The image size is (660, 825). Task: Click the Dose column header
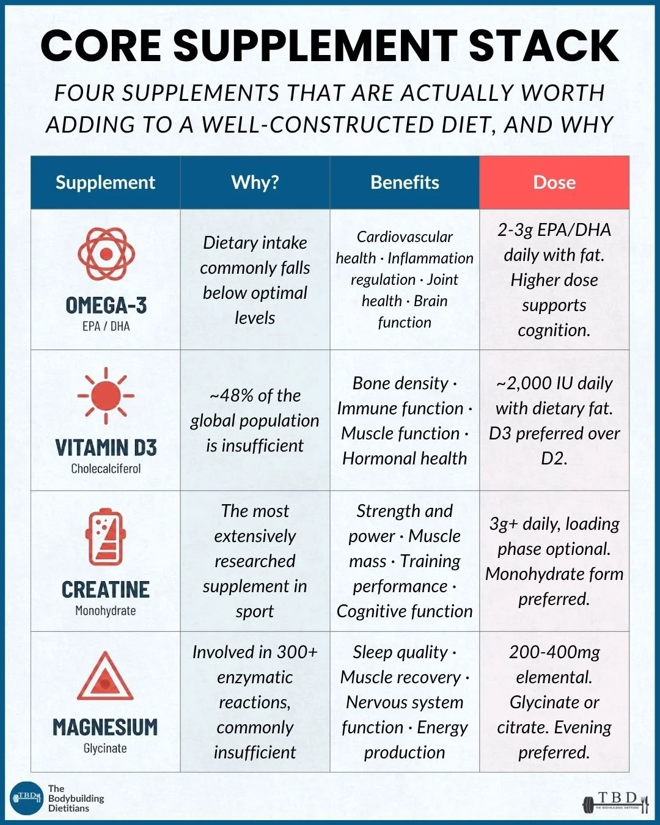point(554,182)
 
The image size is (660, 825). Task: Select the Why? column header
point(255,182)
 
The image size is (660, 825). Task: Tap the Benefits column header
point(405,182)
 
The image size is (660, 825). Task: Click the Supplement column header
point(105,182)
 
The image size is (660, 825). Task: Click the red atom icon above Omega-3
point(106,254)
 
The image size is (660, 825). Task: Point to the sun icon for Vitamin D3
point(106,395)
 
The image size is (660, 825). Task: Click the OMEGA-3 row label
point(106,305)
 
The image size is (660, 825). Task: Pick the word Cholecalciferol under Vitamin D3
point(106,469)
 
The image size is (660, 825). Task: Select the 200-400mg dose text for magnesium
point(554,652)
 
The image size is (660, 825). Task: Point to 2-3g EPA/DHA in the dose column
point(554,230)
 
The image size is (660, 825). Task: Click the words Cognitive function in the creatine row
point(405,611)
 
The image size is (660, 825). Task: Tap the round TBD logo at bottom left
point(26,798)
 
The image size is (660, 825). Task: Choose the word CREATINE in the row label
point(106,589)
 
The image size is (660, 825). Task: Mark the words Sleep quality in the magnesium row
point(400,652)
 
